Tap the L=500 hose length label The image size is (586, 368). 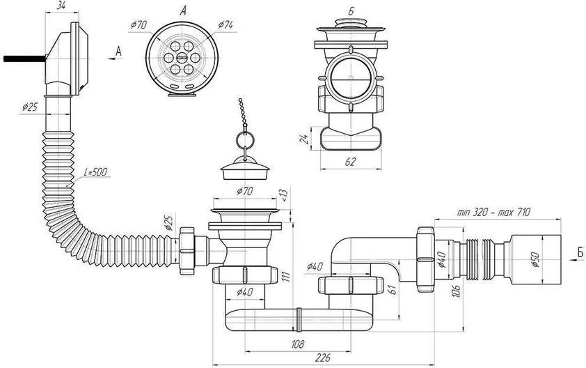tap(95, 172)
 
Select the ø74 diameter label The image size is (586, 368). tap(225, 25)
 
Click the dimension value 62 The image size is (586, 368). tap(351, 162)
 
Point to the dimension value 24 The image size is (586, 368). tap(305, 139)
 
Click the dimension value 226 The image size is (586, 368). tap(323, 358)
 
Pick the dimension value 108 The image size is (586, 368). tap(297, 344)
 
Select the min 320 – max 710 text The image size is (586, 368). tap(493, 213)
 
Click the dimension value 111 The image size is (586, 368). tap(287, 277)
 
